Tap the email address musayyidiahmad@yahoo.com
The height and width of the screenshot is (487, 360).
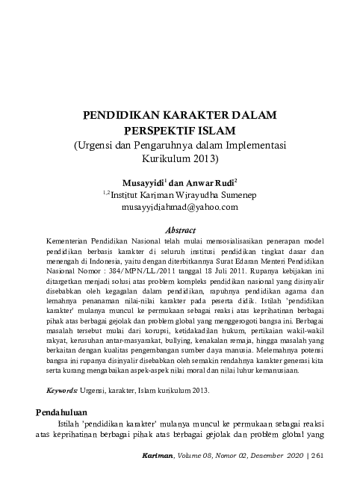(x=179, y=207)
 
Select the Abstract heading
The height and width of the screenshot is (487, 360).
(x=179, y=230)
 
